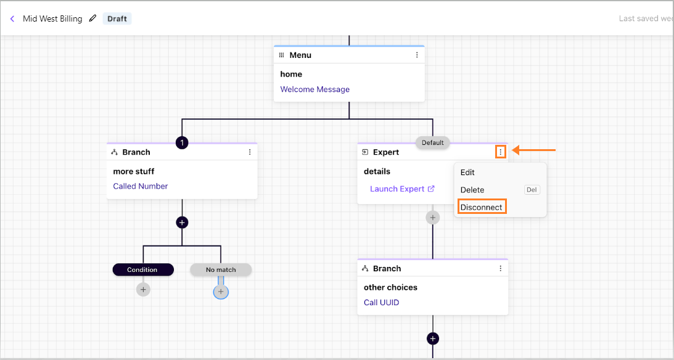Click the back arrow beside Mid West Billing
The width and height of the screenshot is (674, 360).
pyautogui.click(x=12, y=18)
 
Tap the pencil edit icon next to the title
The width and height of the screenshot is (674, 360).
pyautogui.click(x=92, y=18)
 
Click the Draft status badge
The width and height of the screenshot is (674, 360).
pyautogui.click(x=117, y=18)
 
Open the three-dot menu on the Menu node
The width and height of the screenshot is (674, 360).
pyautogui.click(x=416, y=55)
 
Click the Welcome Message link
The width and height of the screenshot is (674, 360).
pyautogui.click(x=314, y=89)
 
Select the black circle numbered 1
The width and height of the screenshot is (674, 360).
pyautogui.click(x=182, y=142)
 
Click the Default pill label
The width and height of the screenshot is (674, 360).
pyautogui.click(x=432, y=142)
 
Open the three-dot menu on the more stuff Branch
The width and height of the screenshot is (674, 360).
pyautogui.click(x=250, y=152)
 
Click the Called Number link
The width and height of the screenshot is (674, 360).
pyautogui.click(x=140, y=186)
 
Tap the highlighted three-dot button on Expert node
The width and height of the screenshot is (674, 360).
pyautogui.click(x=500, y=152)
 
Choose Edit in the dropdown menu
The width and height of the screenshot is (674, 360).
pyautogui.click(x=467, y=172)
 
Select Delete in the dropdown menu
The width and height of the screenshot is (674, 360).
pyautogui.click(x=472, y=190)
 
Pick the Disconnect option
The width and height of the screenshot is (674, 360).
pyautogui.click(x=482, y=207)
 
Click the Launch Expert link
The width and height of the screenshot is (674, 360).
pyautogui.click(x=402, y=189)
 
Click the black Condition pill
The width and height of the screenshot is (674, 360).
pyautogui.click(x=143, y=270)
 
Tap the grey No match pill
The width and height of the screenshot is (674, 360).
pyautogui.click(x=221, y=270)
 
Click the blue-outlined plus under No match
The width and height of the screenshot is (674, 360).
pyautogui.click(x=221, y=292)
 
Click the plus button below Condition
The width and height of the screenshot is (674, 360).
pyautogui.click(x=143, y=290)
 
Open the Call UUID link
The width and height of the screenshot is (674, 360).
pyautogui.click(x=381, y=303)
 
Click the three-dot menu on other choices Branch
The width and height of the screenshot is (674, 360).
pyautogui.click(x=500, y=269)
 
